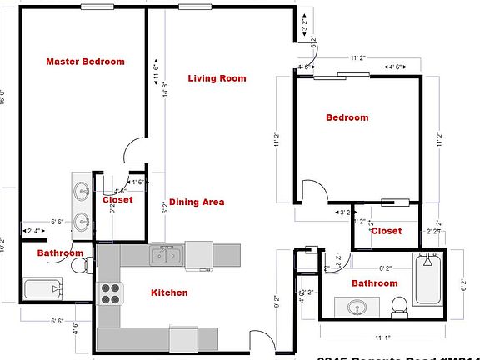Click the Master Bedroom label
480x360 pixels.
[x=85, y=62]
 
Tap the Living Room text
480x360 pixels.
[x=217, y=78]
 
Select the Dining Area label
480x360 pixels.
[x=197, y=202]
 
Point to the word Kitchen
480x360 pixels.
[x=168, y=292]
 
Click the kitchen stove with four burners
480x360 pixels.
[x=111, y=292]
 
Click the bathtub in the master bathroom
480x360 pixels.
[x=42, y=289]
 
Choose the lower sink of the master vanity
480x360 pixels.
[x=82, y=222]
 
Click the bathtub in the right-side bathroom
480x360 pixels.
[x=429, y=281]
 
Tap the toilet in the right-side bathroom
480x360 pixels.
[x=399, y=306]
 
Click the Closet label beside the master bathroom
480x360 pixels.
[x=117, y=200]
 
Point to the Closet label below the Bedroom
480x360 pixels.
[x=386, y=231]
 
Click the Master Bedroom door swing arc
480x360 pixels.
[x=134, y=151]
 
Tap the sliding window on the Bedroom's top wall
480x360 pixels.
[x=342, y=76]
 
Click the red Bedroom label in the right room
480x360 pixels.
[x=347, y=117]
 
